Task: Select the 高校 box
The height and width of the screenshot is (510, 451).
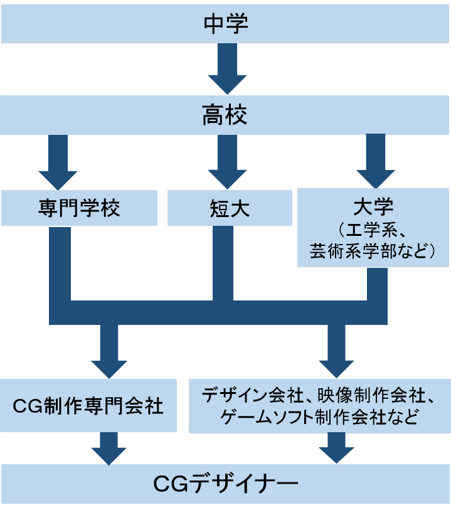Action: tap(226, 115)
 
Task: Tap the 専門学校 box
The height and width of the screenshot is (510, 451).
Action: tap(79, 208)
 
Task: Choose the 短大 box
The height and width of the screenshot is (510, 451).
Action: tap(230, 208)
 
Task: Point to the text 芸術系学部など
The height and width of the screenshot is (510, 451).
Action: tap(373, 252)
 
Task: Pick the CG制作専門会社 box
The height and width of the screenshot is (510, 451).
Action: tap(88, 406)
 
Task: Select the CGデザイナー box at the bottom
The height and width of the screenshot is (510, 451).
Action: tap(226, 484)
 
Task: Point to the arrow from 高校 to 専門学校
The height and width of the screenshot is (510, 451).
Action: tap(58, 162)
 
